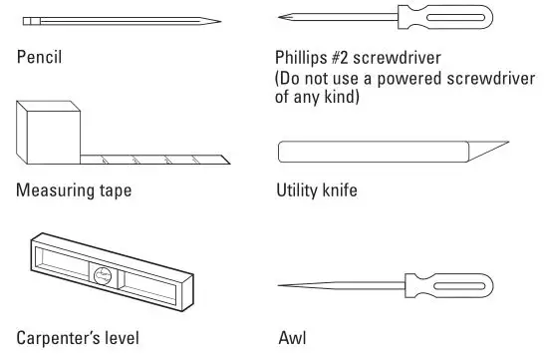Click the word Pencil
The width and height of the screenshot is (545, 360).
pyautogui.click(x=39, y=56)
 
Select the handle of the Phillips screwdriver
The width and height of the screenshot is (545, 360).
pyautogui.click(x=454, y=18)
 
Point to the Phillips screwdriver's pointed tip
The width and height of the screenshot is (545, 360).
pyautogui.click(x=281, y=18)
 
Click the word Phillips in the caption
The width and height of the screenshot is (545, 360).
pyautogui.click(x=303, y=57)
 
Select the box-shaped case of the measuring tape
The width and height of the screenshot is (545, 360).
pyautogui.click(x=49, y=133)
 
